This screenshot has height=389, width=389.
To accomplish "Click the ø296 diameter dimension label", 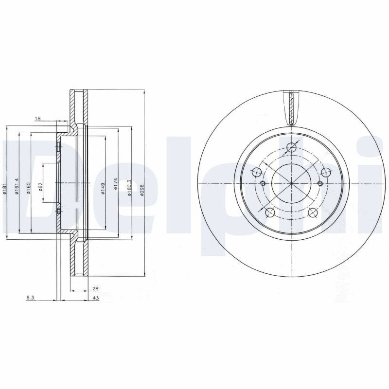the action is [142, 190].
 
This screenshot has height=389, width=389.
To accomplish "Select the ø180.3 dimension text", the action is [129, 188].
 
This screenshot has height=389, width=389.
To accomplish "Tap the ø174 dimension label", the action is [115, 184].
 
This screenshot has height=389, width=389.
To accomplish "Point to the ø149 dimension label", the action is [103, 189].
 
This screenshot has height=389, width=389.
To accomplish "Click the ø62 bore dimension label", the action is [41, 187].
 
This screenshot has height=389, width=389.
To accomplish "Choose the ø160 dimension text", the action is [29, 188].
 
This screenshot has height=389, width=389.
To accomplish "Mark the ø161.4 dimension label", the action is [17, 186].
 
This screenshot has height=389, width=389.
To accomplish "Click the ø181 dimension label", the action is [4, 189].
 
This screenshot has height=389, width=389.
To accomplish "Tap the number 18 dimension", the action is [38, 119].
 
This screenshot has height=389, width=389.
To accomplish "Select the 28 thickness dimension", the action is [95, 289].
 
